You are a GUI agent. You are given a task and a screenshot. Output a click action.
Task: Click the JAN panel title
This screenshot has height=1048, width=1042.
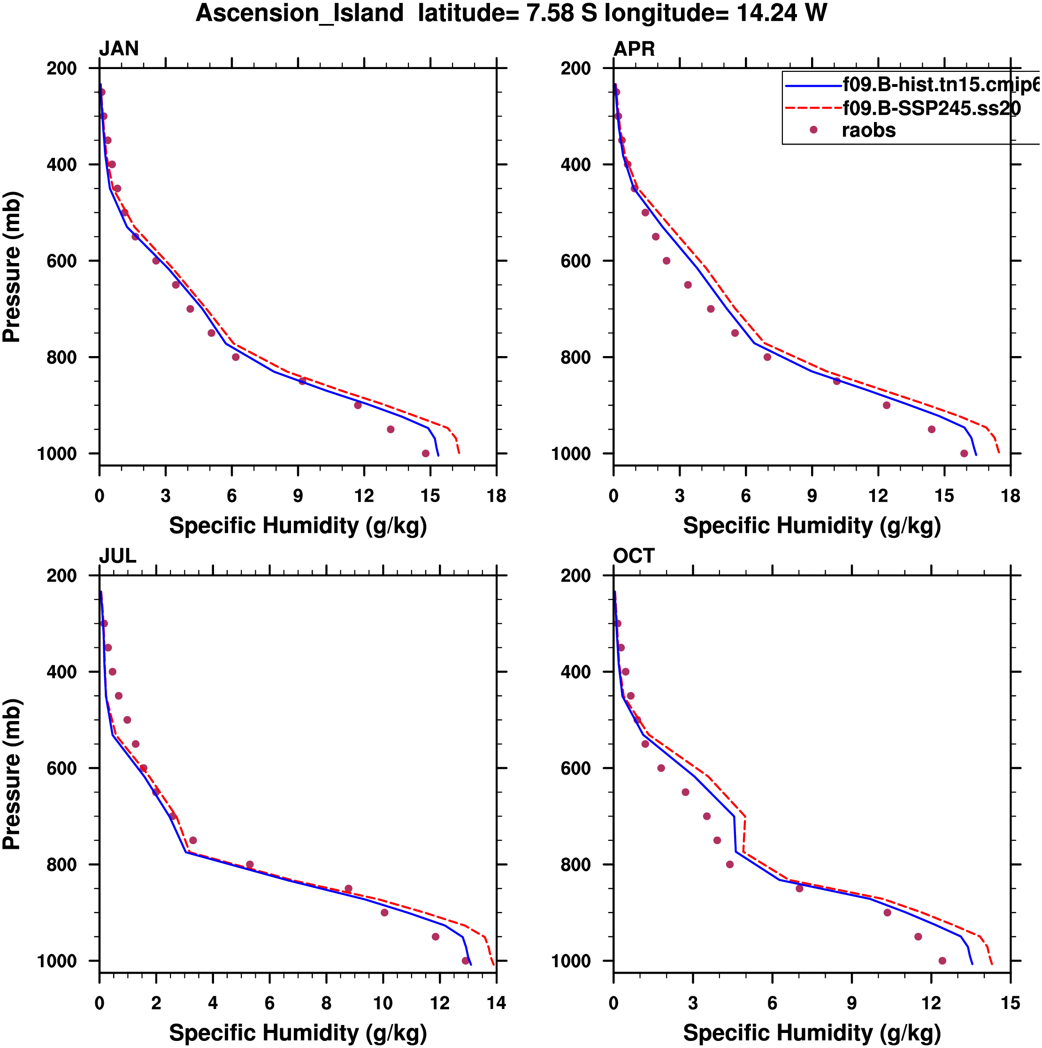coord(119,49)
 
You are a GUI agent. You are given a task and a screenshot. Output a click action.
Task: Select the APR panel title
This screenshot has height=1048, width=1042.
coord(634,49)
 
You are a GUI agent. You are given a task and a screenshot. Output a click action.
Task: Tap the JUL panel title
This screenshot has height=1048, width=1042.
coord(117,556)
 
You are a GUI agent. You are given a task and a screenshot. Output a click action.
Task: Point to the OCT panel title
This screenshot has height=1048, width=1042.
coord(634,556)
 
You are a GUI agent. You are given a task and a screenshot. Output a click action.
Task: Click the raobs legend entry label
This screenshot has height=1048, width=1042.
coord(868,131)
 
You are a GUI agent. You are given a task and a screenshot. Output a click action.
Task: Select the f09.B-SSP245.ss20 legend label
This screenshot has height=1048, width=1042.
coord(931,109)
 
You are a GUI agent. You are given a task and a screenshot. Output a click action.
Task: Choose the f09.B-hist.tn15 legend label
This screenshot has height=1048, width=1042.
coord(941,85)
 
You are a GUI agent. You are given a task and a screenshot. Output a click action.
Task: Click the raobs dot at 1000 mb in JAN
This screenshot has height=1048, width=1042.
coord(426,453)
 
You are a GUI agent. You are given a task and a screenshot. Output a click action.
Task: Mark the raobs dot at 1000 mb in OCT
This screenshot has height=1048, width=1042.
coord(942,961)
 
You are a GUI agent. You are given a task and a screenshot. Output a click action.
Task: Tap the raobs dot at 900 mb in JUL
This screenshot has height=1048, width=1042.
coord(384,912)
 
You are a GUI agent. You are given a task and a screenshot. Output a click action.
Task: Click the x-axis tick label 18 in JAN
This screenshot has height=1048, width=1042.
coord(496,496)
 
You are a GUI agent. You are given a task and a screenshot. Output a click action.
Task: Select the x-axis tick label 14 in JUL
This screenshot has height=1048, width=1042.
coord(496,1003)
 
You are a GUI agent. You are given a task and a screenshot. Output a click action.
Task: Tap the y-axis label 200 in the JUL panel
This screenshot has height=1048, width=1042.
coord(62,575)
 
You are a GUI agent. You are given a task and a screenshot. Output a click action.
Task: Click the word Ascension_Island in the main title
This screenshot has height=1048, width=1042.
coord(299,13)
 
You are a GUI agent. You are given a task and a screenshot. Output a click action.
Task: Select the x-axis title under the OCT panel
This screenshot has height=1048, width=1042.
coord(812,1033)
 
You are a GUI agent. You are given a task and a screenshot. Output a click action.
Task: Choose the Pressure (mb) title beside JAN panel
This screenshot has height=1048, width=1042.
coord(12,266)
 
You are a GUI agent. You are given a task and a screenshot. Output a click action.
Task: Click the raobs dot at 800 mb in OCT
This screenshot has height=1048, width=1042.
coord(730,865)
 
